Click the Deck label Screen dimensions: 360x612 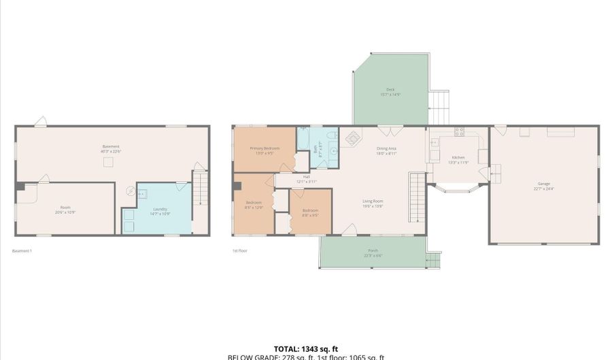[x=390, y=89]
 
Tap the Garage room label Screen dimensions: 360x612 [x=543, y=183]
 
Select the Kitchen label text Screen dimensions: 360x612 [x=458, y=157]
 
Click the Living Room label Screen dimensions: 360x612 [x=372, y=201]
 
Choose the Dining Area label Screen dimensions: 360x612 [x=386, y=148]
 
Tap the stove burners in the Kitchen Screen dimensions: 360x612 [x=459, y=131]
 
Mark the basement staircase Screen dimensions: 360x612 [x=199, y=189]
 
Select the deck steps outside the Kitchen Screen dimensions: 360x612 [x=439, y=103]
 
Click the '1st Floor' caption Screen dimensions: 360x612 [x=239, y=250]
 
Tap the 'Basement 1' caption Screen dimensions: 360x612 [x=22, y=250]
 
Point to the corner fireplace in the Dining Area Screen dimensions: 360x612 [x=352, y=138]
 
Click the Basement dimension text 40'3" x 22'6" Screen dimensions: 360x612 [x=111, y=151]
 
